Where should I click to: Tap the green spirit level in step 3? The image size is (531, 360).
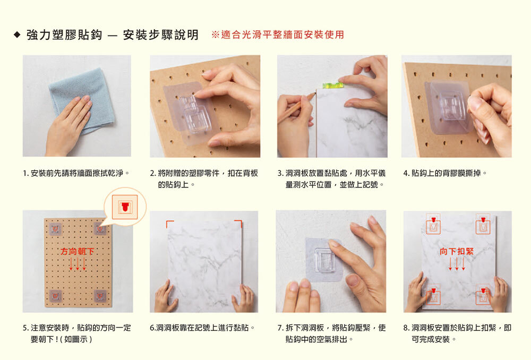pyautogui.click(x=332, y=85)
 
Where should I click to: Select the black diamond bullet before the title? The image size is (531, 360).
pyautogui.click(x=17, y=35)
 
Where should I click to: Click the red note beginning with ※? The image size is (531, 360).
pyautogui.click(x=278, y=35)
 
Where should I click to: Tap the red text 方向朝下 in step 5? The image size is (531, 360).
pyautogui.click(x=78, y=251)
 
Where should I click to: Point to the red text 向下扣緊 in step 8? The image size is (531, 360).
pyautogui.click(x=457, y=251)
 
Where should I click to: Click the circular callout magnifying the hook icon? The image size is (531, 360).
pyautogui.click(x=125, y=206)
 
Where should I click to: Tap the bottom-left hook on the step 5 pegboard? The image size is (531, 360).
pyautogui.click(x=56, y=296)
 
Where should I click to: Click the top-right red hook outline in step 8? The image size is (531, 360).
pyautogui.click(x=483, y=224)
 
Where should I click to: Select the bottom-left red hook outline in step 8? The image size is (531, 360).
pyautogui.click(x=433, y=295)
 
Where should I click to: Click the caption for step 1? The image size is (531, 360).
pyautogui.click(x=76, y=173)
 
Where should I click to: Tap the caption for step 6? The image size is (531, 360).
pyautogui.click(x=202, y=328)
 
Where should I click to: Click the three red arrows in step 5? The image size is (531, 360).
pyautogui.click(x=78, y=264)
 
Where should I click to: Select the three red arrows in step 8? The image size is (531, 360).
pyautogui.click(x=457, y=264)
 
